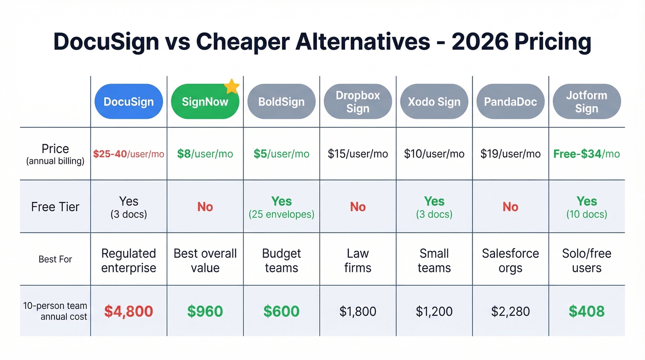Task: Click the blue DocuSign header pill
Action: (129, 101)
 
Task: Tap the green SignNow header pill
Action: (205, 101)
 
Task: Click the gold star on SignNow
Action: (232, 86)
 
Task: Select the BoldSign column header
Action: (281, 101)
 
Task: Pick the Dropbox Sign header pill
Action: (358, 101)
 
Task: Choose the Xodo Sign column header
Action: (434, 101)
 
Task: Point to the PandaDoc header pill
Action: (510, 101)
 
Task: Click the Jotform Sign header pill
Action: (586, 101)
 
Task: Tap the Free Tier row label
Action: (55, 207)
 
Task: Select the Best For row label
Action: (55, 259)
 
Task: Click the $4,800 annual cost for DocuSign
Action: (129, 311)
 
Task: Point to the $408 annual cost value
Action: (586, 311)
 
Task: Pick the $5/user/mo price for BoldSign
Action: (281, 154)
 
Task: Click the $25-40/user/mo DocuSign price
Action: (129, 154)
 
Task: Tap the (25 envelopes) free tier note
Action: (281, 214)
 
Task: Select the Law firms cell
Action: (358, 260)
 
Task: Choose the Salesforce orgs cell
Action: (510, 260)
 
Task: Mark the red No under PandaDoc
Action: (510, 207)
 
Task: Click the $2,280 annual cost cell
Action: (510, 312)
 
